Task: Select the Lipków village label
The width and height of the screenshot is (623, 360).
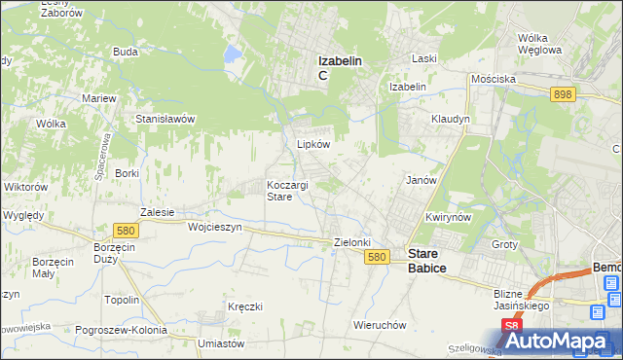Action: pyautogui.click(x=313, y=144)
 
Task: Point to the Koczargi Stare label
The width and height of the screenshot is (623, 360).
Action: pyautogui.click(x=288, y=190)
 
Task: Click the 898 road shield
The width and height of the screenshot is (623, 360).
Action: pyautogui.click(x=562, y=94)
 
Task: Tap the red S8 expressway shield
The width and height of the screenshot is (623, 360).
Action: pyautogui.click(x=511, y=327)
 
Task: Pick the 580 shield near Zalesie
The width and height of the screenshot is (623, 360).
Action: pyautogui.click(x=124, y=231)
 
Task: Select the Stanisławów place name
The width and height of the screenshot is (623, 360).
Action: pyautogui.click(x=165, y=119)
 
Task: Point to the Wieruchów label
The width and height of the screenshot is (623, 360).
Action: pyautogui.click(x=380, y=325)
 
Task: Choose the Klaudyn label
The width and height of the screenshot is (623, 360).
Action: pyautogui.click(x=451, y=119)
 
